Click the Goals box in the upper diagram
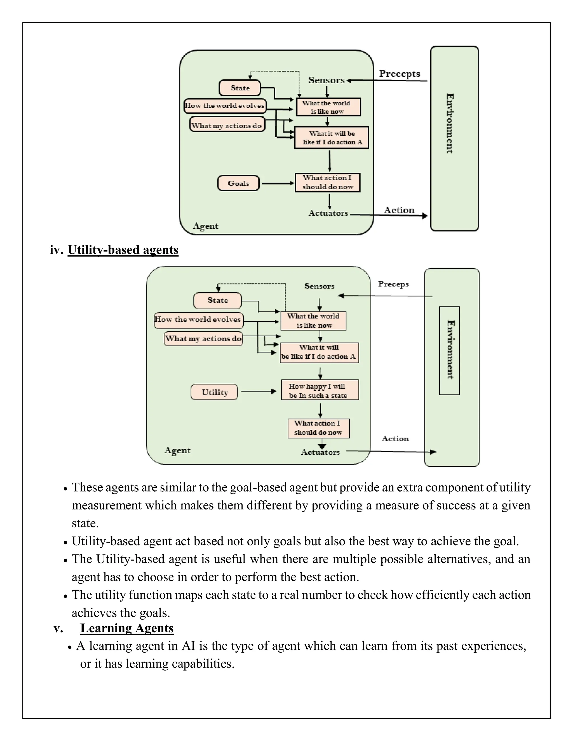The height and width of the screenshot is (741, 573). [238, 183]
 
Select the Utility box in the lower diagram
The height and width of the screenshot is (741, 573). [215, 392]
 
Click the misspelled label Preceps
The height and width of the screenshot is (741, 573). [393, 284]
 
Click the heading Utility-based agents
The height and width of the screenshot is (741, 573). [123, 250]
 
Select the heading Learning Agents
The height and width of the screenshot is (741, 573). [127, 628]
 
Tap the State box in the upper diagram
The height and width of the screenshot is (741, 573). [240, 88]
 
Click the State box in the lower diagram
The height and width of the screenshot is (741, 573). [218, 301]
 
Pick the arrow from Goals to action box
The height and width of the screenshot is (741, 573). [277, 183]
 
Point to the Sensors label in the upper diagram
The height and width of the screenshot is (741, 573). [326, 81]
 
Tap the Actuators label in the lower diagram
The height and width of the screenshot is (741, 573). [320, 452]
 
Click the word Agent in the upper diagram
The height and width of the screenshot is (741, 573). [205, 226]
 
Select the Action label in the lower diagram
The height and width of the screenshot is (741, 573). [395, 439]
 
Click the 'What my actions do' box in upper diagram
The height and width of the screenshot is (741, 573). [227, 126]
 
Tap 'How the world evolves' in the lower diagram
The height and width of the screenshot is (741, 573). [198, 320]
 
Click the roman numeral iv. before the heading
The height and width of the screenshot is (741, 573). [56, 250]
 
